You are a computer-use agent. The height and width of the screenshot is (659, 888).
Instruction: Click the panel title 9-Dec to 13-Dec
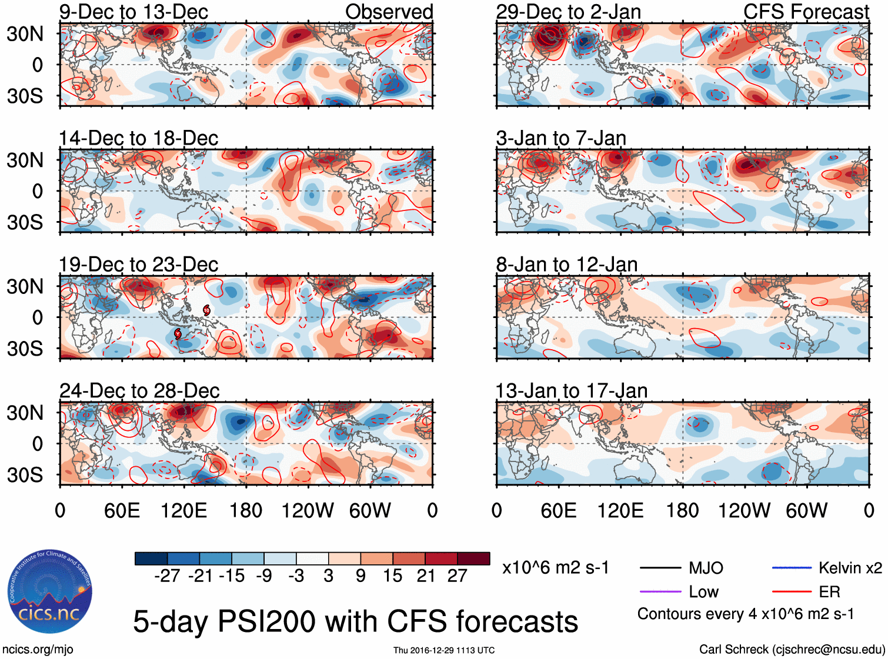[x=133, y=12]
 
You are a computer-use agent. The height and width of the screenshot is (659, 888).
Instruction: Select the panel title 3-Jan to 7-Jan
[x=560, y=138]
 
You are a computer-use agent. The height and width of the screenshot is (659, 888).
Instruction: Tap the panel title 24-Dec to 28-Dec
[x=139, y=391]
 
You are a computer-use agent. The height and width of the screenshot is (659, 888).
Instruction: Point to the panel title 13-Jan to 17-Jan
[x=571, y=391]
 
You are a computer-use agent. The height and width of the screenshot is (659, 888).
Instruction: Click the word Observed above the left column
[x=389, y=12]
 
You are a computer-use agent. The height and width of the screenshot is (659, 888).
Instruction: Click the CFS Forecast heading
[x=806, y=12]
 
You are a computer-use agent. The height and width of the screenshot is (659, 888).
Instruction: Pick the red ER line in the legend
[x=791, y=592]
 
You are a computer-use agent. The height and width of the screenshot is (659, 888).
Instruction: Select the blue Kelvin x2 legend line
[x=791, y=568]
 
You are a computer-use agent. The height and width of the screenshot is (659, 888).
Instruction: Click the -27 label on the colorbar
[x=167, y=576]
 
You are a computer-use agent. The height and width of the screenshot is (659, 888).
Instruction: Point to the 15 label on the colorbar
[x=392, y=576]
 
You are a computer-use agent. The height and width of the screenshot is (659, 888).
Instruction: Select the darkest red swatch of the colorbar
[x=473, y=558]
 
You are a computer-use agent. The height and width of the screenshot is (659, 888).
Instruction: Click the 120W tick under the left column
[x=308, y=510]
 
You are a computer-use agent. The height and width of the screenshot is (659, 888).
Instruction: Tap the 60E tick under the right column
[x=558, y=510]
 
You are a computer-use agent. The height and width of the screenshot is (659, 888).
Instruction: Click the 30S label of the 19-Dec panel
[x=25, y=349]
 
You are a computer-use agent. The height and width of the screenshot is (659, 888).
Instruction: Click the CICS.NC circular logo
[x=49, y=592]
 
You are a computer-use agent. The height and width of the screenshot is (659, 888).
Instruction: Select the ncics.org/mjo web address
[x=38, y=650]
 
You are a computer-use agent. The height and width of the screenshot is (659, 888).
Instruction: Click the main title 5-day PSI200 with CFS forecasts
[x=355, y=621]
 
